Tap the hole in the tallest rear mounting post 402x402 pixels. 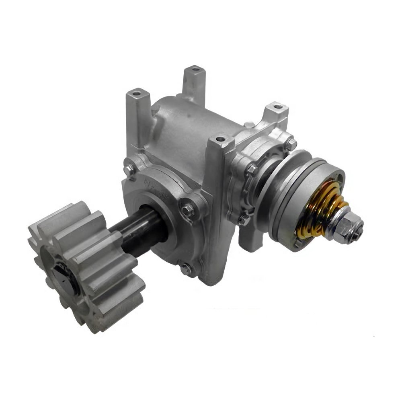[x=196, y=69]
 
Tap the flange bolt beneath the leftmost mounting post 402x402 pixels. [x=130, y=168]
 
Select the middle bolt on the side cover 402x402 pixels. [x=252, y=169]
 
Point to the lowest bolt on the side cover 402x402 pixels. [x=244, y=219]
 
